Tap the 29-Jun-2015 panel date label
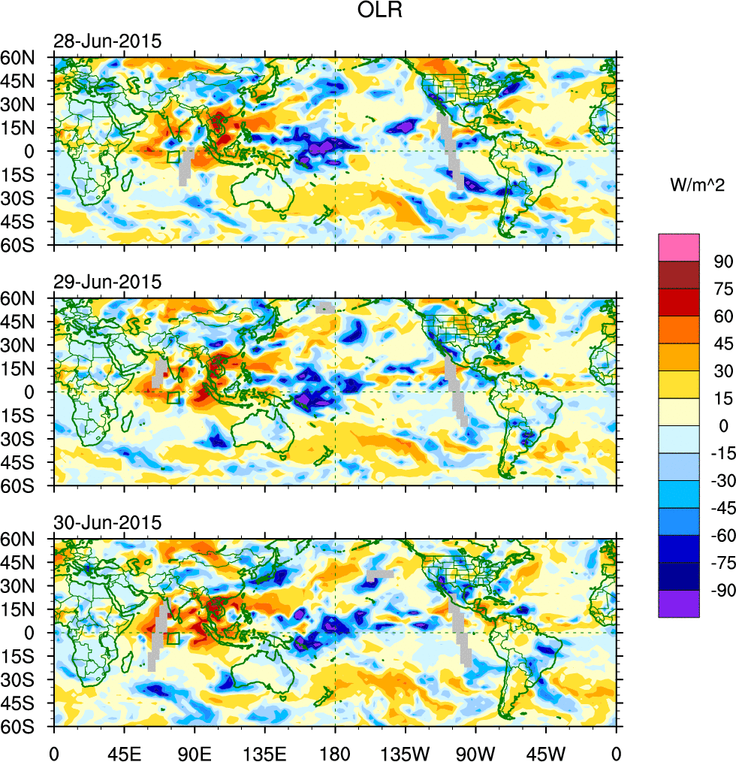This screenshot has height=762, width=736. [107, 283]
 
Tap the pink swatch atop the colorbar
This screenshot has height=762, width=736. [678, 247]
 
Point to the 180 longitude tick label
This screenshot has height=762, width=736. [335, 751]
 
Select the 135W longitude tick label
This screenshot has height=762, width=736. [405, 751]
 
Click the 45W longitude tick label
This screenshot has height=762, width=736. [546, 751]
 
